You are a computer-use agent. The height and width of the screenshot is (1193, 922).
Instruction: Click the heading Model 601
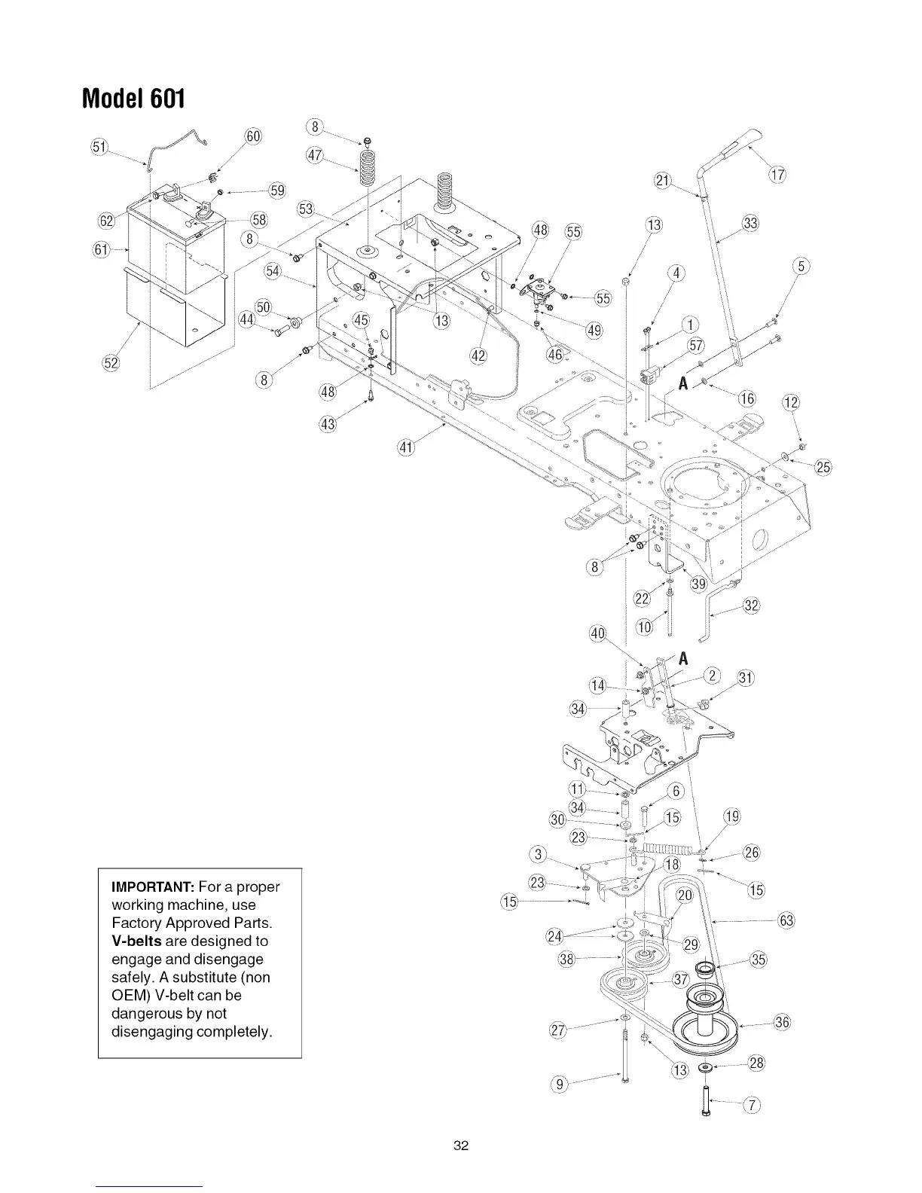[133, 97]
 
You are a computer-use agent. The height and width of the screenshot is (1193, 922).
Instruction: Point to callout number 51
[99, 146]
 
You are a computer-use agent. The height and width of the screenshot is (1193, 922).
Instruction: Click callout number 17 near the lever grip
[777, 176]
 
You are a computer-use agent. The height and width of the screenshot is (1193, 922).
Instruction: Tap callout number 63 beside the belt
[787, 920]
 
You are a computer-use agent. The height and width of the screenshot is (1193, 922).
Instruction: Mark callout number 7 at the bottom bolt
[751, 1106]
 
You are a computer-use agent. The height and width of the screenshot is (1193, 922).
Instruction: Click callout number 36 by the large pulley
[781, 1022]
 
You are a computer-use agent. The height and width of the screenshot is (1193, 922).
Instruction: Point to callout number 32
[751, 605]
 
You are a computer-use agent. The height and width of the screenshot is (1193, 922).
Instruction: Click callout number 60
[253, 138]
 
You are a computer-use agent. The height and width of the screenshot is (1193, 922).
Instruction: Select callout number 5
[802, 265]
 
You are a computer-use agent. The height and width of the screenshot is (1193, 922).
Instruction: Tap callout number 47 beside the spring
[315, 156]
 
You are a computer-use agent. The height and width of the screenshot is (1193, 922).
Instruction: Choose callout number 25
[823, 467]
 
